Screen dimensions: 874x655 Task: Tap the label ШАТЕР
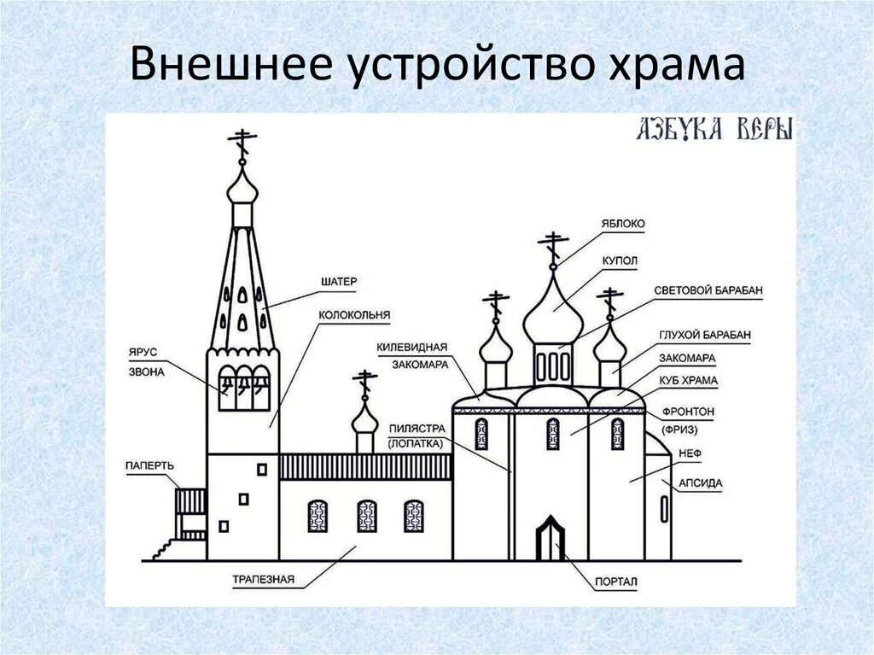(x=339, y=281)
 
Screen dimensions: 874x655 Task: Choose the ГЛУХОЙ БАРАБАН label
(x=705, y=336)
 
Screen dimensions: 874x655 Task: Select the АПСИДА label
(x=701, y=483)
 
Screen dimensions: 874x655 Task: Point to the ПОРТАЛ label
(x=618, y=582)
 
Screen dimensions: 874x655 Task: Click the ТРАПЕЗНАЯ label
(x=263, y=579)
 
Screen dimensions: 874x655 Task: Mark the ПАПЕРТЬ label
(x=150, y=465)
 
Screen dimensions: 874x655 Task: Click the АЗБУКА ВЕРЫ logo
(x=715, y=129)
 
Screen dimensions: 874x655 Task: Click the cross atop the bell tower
(x=242, y=144)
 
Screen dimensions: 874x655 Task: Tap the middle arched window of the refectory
(x=366, y=516)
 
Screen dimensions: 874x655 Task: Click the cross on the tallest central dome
(x=554, y=245)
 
